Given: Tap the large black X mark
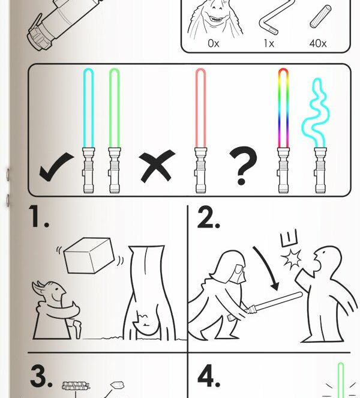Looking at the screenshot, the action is [157, 166].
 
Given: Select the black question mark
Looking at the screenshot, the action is [243, 165].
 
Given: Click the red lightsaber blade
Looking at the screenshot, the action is [200, 108].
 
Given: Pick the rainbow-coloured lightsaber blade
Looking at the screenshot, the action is [283, 108].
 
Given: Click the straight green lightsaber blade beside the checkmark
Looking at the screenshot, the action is [114, 108].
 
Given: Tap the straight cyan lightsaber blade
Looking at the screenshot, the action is [88, 108].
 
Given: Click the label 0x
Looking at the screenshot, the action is [214, 44].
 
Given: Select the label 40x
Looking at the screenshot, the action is [318, 44].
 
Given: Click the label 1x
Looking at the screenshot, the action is [269, 44].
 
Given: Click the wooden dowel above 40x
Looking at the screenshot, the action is [320, 17].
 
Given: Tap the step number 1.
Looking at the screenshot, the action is [38, 217].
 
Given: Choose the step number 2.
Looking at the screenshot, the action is [208, 217].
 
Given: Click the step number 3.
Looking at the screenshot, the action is [41, 376].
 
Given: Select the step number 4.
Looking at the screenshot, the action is [209, 376].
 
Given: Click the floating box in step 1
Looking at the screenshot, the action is [89, 255].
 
